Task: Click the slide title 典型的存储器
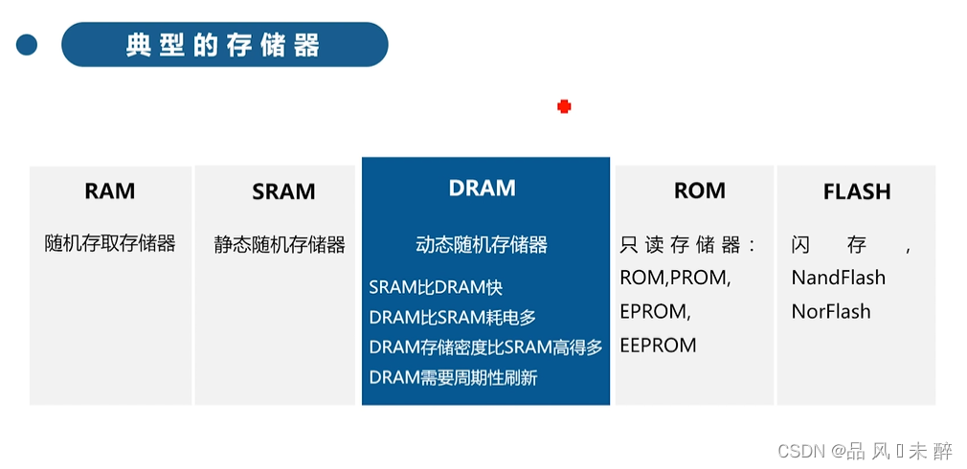coord(223,45)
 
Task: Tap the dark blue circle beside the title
coord(27,44)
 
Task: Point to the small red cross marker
coord(564,106)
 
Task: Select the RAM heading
coord(110,190)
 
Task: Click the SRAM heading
coord(283,191)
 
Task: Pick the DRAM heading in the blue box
coord(482,189)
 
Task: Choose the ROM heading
coord(700,190)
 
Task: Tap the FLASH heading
coord(856,191)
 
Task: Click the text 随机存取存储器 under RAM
coord(110,243)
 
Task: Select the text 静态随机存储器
coord(280,244)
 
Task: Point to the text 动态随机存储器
coord(482,245)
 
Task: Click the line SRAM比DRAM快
coord(436,287)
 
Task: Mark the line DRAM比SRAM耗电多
coord(453,317)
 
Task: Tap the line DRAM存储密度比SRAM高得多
coord(485,347)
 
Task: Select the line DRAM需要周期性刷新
coord(453,377)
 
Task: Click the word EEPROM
coord(658,345)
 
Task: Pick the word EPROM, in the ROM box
coord(653,311)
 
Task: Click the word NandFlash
coord(838,278)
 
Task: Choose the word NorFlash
coord(830,311)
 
